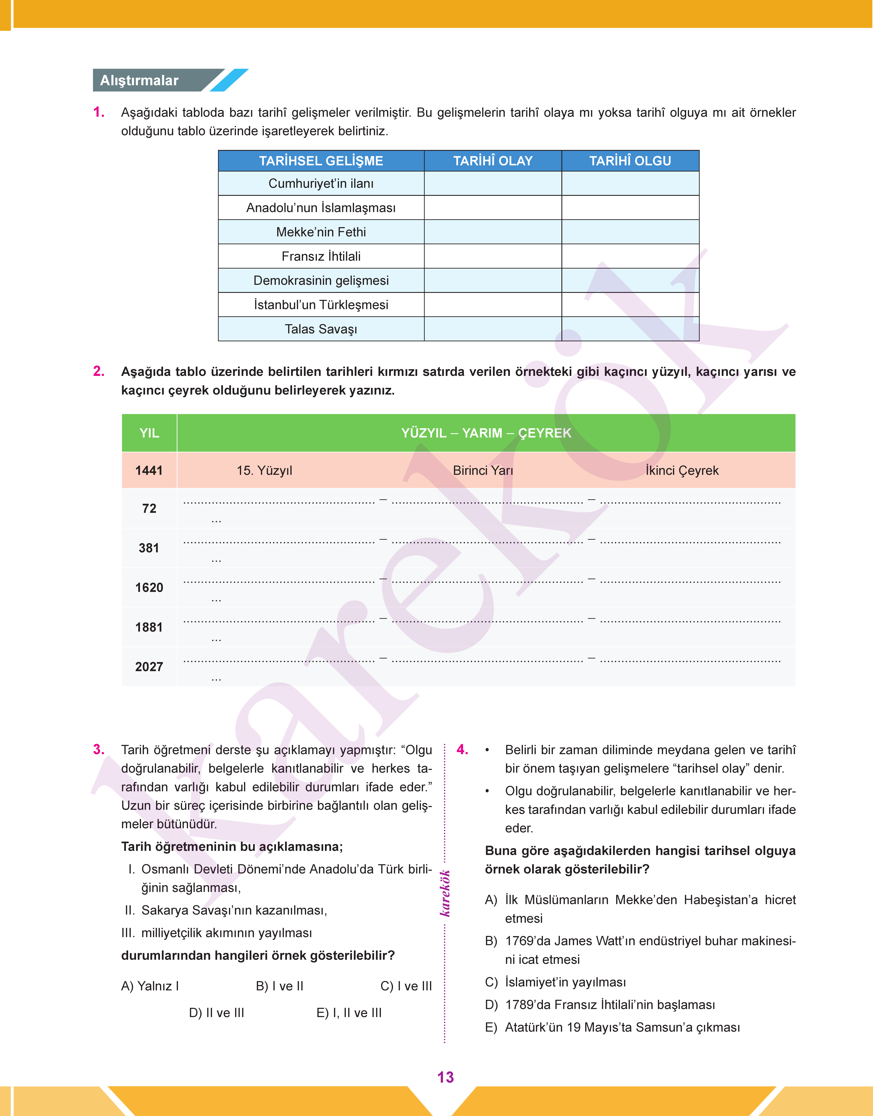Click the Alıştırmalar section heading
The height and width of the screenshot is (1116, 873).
pyautogui.click(x=139, y=80)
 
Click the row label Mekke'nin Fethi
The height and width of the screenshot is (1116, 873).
pyautogui.click(x=321, y=232)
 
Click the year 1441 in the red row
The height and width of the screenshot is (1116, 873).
pyautogui.click(x=149, y=470)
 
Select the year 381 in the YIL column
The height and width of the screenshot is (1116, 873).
pyautogui.click(x=149, y=548)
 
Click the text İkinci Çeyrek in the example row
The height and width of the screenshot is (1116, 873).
pyautogui.click(x=682, y=470)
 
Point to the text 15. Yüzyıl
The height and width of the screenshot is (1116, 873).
pyautogui.click(x=264, y=470)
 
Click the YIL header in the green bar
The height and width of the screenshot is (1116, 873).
pyautogui.click(x=149, y=433)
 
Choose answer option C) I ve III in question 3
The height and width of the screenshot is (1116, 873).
pyautogui.click(x=406, y=986)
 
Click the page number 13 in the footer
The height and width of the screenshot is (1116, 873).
pyautogui.click(x=445, y=1077)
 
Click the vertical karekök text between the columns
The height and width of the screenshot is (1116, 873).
pyautogui.click(x=445, y=893)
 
